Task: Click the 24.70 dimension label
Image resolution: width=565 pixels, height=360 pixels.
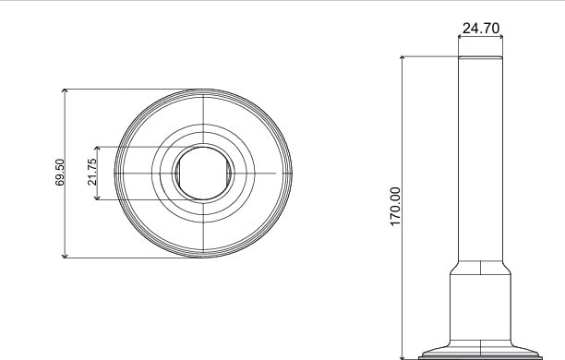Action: click(x=481, y=28)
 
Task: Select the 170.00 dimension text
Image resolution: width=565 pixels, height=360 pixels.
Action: click(x=395, y=207)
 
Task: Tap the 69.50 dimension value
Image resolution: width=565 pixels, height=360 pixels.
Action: click(x=60, y=173)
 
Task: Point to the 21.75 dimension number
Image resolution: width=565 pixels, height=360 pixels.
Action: click(x=92, y=173)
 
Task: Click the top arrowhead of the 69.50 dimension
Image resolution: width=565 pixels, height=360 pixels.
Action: click(x=65, y=91)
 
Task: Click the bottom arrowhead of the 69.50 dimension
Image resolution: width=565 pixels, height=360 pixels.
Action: click(x=65, y=255)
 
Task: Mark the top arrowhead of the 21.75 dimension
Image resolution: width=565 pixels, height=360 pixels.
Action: click(x=97, y=150)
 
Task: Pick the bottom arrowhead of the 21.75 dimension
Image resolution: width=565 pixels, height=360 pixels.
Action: click(x=97, y=197)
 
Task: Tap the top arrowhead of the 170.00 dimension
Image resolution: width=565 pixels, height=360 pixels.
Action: click(x=403, y=59)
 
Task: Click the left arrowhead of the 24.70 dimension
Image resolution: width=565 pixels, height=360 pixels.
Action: click(x=461, y=36)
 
